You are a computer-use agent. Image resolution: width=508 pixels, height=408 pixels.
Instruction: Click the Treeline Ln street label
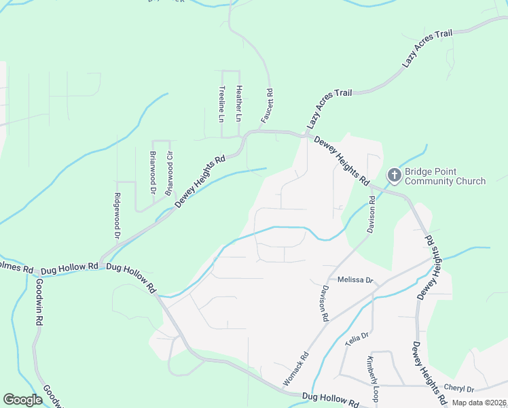pyautogui.click(x=221, y=104)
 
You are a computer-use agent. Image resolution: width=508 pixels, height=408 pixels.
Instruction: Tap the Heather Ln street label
pyautogui.click(x=238, y=103)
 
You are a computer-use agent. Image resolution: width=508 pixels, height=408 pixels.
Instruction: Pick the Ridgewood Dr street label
pyautogui.click(x=117, y=218)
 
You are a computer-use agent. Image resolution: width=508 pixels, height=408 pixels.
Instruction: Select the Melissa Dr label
pyautogui.click(x=351, y=280)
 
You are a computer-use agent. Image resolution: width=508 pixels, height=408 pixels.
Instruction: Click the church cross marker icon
pyautogui.click(x=394, y=176)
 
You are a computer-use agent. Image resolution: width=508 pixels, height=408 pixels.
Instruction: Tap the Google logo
pyautogui.click(x=23, y=400)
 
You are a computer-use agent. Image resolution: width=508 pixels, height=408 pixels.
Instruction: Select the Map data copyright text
pyautogui.click(x=479, y=403)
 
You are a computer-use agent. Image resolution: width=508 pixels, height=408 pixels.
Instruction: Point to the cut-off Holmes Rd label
pyautogui.click(x=17, y=268)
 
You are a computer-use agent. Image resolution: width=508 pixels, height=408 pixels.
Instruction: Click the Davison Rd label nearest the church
pyautogui.click(x=371, y=215)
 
